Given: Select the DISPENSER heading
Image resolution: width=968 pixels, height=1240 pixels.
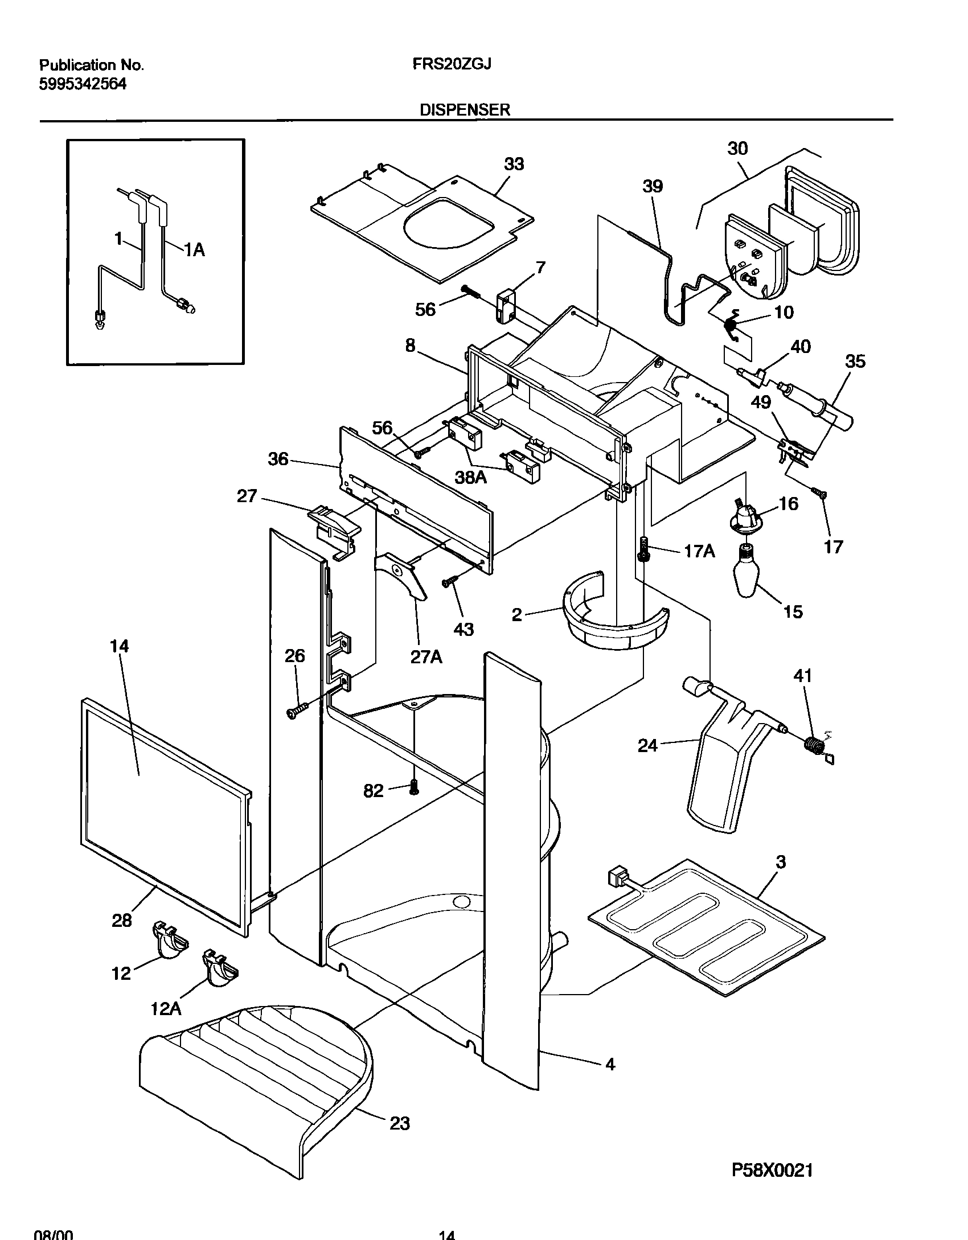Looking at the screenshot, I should coord(465,110).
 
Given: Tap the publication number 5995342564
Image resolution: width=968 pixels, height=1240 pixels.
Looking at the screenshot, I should coord(83,84).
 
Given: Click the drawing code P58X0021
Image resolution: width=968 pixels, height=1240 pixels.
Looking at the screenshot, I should coord(772,1171).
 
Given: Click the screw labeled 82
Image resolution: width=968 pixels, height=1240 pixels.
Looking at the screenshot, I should coord(414,788).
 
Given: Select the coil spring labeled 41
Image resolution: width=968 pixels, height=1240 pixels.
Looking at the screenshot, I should coord(816,745).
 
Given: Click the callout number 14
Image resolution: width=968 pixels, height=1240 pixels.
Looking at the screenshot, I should coord(120,646).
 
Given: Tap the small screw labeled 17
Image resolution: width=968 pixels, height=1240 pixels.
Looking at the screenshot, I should coord(819,492).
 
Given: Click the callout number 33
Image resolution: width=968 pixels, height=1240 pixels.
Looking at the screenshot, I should coord(514,164).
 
